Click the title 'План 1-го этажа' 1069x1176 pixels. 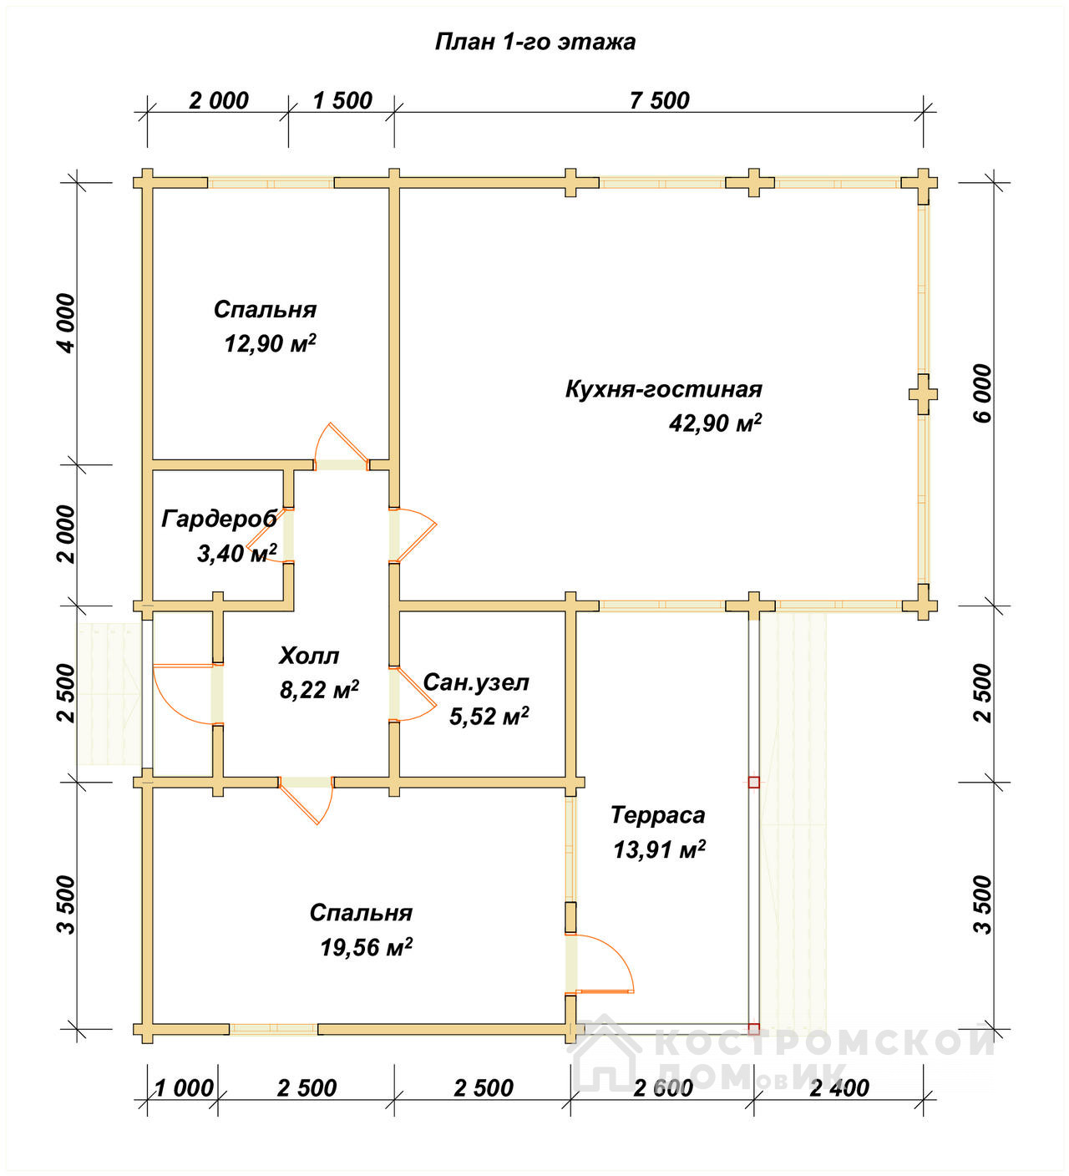[534, 43]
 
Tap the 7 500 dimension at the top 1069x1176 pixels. [659, 101]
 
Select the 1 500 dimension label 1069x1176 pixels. [342, 101]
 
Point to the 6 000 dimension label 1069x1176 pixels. [983, 393]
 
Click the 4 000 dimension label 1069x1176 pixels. [67, 323]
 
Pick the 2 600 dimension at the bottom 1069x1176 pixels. [662, 1088]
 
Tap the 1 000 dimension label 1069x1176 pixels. [184, 1088]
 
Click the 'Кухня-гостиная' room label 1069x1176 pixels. [664, 388]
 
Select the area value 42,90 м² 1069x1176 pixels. [715, 422]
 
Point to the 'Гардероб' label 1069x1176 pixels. [219, 519]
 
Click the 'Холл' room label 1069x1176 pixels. [309, 656]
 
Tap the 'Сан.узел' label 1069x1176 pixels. [476, 682]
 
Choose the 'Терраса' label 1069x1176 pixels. [658, 815]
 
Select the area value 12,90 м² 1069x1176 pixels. [270, 343]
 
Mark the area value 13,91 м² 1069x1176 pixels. [659, 849]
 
